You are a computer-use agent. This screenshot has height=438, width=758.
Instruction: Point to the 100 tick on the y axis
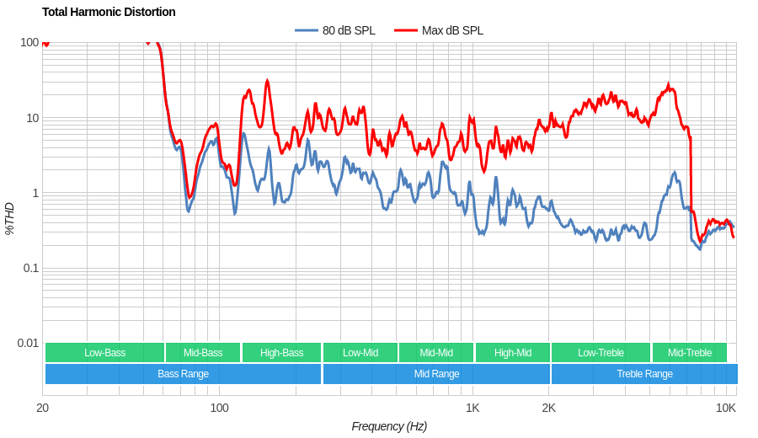tap(29, 42)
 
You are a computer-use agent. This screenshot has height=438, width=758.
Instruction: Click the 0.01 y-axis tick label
tap(28, 343)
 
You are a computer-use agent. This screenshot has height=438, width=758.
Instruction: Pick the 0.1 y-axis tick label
tap(29, 268)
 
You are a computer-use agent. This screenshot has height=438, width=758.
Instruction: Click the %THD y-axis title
tap(9, 218)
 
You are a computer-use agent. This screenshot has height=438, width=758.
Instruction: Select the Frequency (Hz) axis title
tap(389, 426)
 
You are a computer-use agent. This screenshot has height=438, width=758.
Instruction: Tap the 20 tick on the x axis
tap(42, 408)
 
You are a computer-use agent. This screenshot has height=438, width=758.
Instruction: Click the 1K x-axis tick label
tap(472, 408)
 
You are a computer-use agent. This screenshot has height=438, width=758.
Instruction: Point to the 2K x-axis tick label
tap(548, 408)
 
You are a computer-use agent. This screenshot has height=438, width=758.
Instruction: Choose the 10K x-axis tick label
tap(725, 408)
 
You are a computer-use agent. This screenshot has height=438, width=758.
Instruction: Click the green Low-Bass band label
tap(104, 353)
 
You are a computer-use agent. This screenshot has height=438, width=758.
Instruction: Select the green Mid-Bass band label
tap(203, 353)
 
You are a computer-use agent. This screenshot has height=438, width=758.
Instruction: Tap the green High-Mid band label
tap(512, 353)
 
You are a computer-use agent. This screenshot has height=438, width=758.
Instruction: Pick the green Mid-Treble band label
tap(689, 353)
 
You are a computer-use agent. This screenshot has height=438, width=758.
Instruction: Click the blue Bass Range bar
tap(183, 374)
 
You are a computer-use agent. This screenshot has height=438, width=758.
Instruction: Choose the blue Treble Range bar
tap(644, 374)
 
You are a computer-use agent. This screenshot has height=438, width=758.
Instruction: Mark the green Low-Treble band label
tap(601, 353)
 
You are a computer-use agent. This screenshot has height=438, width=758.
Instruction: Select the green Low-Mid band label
tap(360, 353)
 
